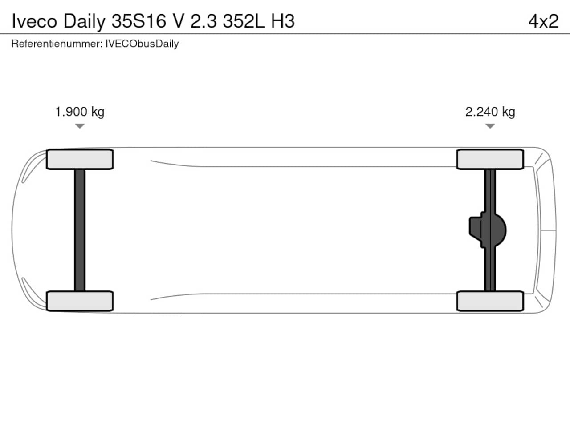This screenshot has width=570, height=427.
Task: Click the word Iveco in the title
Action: point(34,21)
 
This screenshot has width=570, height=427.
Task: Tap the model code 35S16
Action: point(139,21)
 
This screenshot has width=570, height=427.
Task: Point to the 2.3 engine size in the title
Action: point(204,21)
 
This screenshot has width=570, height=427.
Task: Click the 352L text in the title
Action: point(244,21)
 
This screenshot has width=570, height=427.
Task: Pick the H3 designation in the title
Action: point(283,21)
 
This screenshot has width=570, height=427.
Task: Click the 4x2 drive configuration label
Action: point(544,21)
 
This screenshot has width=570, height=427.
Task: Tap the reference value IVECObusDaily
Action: point(142,44)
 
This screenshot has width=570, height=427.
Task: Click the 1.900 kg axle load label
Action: point(80,112)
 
